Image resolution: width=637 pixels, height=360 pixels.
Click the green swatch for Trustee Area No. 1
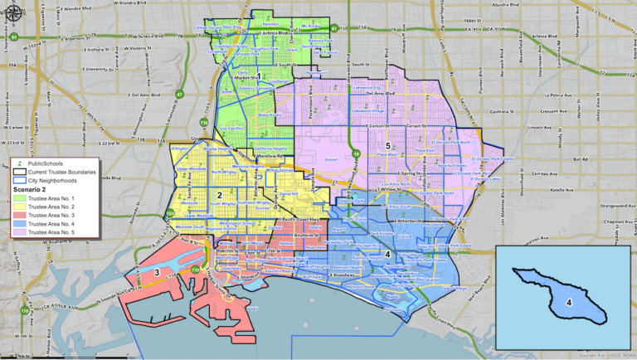(x=18, y=200)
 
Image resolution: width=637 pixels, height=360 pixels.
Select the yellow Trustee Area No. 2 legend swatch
(x=18, y=208)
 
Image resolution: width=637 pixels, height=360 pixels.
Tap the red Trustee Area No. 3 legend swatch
(x=18, y=216)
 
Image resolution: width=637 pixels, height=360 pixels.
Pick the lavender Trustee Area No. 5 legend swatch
(x=18, y=233)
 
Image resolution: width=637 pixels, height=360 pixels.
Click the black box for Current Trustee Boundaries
(x=18, y=172)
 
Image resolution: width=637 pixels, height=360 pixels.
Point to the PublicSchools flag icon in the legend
(x=18, y=163)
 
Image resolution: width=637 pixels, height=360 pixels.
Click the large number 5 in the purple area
(x=387, y=146)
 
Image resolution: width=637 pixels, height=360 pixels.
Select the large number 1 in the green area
(x=259, y=76)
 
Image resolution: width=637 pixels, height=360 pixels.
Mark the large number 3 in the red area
(x=156, y=272)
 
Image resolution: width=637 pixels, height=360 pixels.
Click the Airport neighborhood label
(x=321, y=154)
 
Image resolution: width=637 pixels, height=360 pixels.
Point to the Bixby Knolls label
(x=268, y=114)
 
